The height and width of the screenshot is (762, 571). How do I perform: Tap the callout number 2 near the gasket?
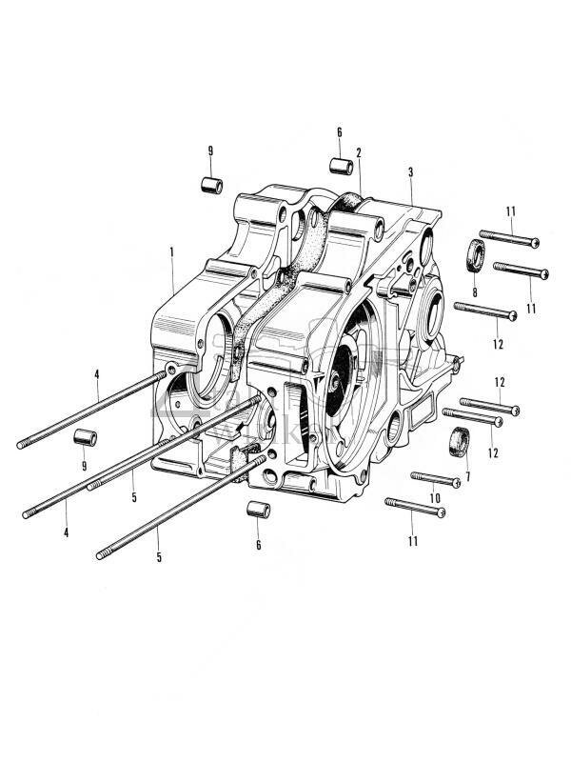(359, 152)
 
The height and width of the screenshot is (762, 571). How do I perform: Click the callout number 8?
(475, 291)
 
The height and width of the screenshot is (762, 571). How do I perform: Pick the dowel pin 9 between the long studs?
(86, 439)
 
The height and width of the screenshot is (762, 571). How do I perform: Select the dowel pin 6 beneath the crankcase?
(257, 509)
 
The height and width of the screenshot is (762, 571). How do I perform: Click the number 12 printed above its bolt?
(499, 382)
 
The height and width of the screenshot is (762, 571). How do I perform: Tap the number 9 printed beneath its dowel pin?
(85, 466)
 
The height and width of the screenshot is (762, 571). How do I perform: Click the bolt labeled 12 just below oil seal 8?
(485, 311)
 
